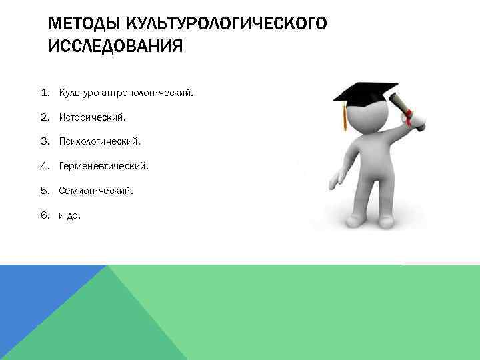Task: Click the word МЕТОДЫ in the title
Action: pos(79,25)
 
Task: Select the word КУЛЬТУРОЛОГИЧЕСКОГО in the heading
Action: pos(221,25)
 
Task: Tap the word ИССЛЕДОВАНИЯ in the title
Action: pos(115,47)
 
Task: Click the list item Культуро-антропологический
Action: pos(126,93)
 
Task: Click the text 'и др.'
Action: pos(69,215)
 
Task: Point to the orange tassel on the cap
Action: pos(344,119)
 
